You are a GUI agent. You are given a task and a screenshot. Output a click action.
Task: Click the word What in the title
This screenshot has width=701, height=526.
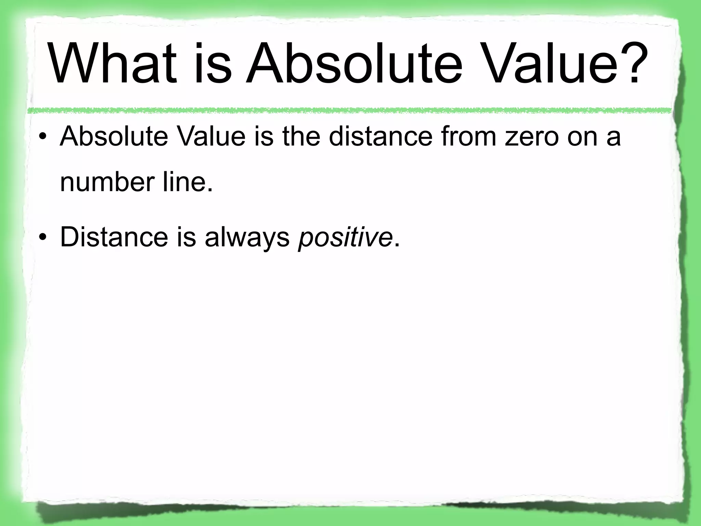coord(113,64)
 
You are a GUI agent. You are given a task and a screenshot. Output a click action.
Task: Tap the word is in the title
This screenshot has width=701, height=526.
coord(213,64)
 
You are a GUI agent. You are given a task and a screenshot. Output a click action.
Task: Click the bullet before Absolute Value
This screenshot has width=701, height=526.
coord(42,137)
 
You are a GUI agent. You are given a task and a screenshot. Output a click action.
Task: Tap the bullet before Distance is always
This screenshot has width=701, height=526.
coord(42,238)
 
